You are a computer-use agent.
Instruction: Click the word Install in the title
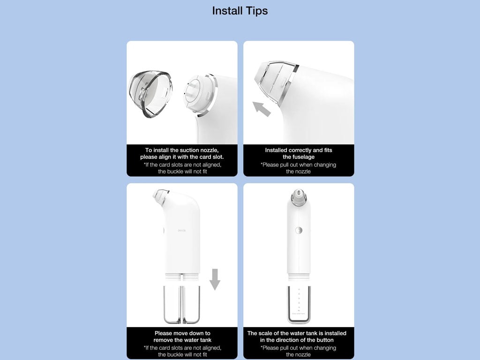[x=227, y=11]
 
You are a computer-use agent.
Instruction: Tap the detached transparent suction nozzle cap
[x=150, y=94]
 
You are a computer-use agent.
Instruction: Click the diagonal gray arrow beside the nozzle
[x=262, y=109]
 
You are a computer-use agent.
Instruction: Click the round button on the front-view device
[x=299, y=231]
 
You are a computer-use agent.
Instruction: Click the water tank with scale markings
[x=299, y=305]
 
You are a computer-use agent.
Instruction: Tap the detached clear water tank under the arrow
[x=182, y=305]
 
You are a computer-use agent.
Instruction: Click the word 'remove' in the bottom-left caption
[x=164, y=340]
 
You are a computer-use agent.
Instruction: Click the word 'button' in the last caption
[x=325, y=340]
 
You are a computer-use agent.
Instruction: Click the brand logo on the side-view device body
[x=182, y=231]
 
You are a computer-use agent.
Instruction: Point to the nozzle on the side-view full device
[x=161, y=197]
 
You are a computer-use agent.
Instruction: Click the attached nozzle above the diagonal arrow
[x=276, y=82]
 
